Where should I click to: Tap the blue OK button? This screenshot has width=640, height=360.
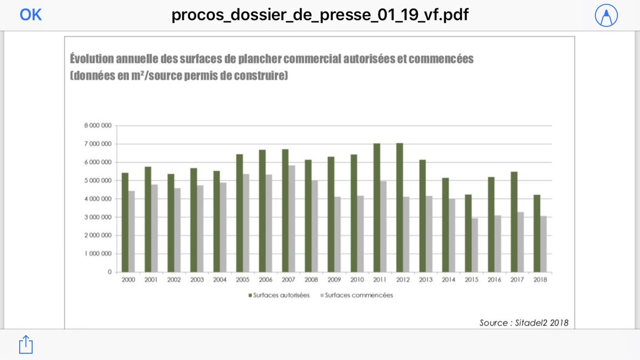pos(30,15)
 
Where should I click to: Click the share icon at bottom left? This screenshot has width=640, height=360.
pos(25,345)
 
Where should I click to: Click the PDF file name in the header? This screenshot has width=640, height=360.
pos(320,15)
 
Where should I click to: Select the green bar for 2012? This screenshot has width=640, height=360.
pos(400,207)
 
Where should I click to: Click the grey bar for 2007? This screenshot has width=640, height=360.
pos(291,219)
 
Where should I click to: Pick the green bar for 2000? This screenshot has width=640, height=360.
pos(125,222)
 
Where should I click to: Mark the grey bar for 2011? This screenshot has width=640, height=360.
pos(382,227)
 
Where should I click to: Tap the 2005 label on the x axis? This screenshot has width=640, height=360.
pos(243,279)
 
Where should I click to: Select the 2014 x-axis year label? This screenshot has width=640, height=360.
pos(449,279)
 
